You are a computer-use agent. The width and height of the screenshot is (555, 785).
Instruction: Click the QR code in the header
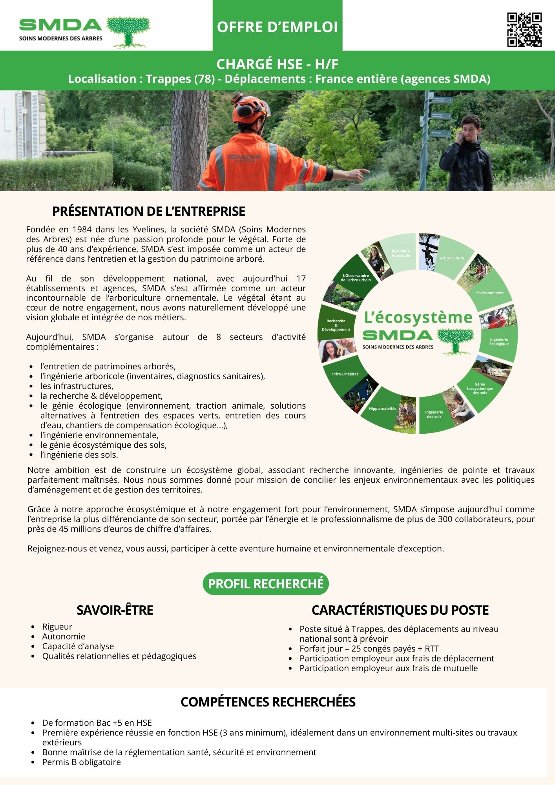524,30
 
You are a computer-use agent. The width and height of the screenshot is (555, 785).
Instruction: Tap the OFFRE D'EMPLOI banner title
277,27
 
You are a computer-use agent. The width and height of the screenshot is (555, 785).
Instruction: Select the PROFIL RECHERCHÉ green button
266,584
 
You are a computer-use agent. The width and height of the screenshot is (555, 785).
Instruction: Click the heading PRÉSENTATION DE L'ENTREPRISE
148,211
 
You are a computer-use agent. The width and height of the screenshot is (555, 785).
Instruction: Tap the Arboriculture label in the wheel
452,258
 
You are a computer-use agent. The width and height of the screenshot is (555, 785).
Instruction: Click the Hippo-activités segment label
382,409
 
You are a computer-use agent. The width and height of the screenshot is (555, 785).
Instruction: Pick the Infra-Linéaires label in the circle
345,374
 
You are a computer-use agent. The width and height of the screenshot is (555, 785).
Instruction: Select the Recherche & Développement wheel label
336,325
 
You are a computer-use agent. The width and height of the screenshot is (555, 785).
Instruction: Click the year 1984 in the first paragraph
82,230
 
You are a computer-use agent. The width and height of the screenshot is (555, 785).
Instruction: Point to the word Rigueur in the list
57,627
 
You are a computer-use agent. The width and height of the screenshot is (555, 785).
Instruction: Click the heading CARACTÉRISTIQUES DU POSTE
400,610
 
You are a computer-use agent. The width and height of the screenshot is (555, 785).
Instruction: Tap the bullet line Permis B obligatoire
82,762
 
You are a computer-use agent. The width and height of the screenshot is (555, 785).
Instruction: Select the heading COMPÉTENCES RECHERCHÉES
268,702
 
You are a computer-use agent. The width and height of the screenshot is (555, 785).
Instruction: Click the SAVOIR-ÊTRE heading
115,610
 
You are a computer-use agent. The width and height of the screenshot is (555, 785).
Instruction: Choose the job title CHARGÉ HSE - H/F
277,64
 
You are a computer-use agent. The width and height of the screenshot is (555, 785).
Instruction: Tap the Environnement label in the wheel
490,293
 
